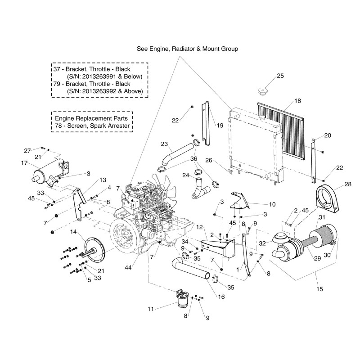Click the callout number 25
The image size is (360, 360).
[x=280, y=76]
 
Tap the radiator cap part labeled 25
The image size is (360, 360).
[x=262, y=92]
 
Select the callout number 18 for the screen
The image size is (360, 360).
[x=297, y=101]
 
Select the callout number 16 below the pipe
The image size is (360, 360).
[x=208, y=297]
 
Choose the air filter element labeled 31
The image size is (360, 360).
[x=321, y=237]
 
